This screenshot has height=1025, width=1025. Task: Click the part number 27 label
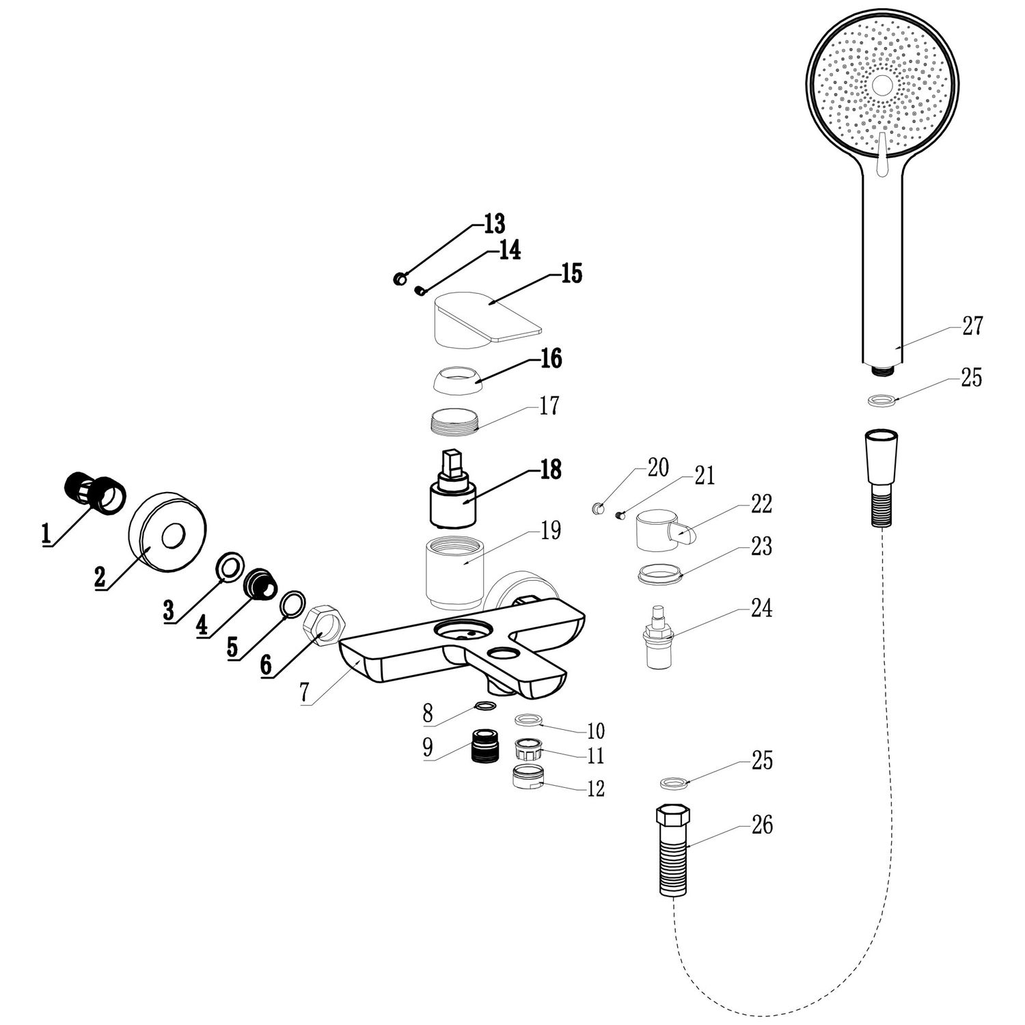972,326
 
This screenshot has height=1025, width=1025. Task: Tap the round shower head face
882,86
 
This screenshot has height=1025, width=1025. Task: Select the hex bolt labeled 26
673,851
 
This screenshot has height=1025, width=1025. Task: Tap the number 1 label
46,533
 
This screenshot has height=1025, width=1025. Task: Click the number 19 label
550,531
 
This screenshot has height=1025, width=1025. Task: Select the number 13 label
494,223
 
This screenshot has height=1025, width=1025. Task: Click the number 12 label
596,788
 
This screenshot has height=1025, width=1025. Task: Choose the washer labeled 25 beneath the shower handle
882,400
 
